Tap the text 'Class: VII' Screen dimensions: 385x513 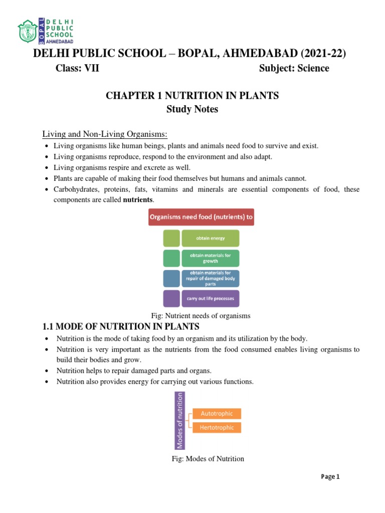[x=77, y=69]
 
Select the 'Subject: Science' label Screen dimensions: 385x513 [x=294, y=69]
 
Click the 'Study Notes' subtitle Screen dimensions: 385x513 [x=192, y=109]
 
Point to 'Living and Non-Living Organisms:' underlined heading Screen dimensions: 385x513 [x=104, y=134]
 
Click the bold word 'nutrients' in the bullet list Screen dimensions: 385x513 [x=139, y=199]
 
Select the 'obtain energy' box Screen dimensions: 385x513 [x=210, y=238]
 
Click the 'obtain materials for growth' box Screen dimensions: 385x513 [x=210, y=258]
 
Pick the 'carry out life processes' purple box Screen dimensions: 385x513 [x=210, y=299]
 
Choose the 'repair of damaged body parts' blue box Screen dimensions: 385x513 [x=210, y=278]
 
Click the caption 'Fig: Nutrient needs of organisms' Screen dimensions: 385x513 [x=201, y=316]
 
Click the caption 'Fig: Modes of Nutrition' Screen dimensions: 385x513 [x=208, y=458]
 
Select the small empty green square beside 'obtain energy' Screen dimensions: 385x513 [x=171, y=238]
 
